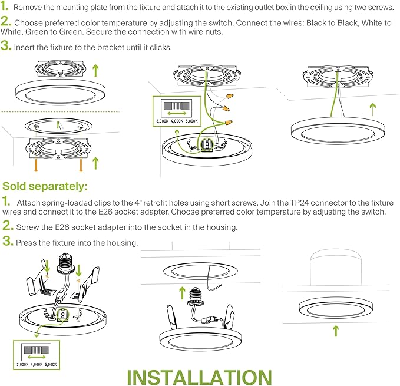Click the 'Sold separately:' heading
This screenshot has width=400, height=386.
point(45,187)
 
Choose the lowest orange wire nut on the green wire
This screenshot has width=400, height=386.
point(225,121)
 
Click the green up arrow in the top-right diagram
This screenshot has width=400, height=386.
point(371,109)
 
